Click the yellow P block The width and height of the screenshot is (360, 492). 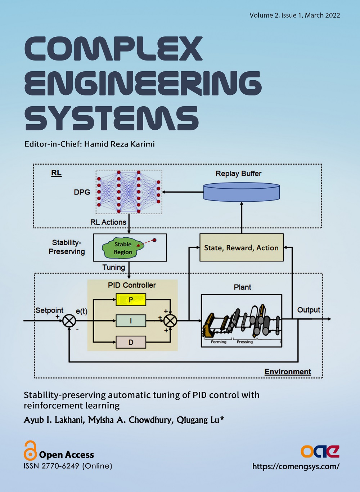131,299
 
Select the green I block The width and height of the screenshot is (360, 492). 131,321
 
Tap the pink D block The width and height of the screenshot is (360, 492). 131,342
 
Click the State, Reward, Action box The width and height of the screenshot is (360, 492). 241,248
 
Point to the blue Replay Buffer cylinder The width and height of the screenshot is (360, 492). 242,192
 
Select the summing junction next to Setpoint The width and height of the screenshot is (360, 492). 69,320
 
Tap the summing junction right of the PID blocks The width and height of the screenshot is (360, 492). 170,320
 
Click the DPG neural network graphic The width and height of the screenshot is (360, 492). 129,192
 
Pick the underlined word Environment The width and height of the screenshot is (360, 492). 288,372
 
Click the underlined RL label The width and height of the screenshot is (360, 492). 56,173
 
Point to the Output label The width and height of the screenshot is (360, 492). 309,310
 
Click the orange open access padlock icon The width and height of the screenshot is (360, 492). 30,450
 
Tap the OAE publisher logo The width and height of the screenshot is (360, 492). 320,451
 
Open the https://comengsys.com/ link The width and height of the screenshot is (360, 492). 296,466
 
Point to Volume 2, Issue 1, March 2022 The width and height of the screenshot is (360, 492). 294,15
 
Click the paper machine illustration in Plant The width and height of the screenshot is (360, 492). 241,321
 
